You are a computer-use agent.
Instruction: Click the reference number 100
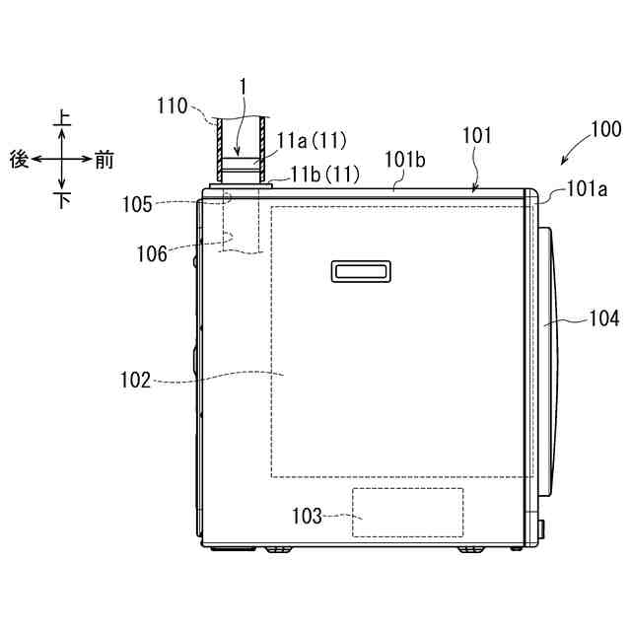[606, 129]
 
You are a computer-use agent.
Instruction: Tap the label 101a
[587, 188]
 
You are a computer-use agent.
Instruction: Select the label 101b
[405, 160]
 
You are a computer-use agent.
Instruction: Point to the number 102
[136, 380]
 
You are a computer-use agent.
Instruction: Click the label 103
[307, 516]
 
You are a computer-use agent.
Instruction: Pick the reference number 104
[604, 318]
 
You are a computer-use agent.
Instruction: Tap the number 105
[137, 204]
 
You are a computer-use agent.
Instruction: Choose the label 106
[152, 254]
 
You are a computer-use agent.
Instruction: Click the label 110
[173, 106]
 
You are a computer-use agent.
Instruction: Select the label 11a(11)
[312, 141]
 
